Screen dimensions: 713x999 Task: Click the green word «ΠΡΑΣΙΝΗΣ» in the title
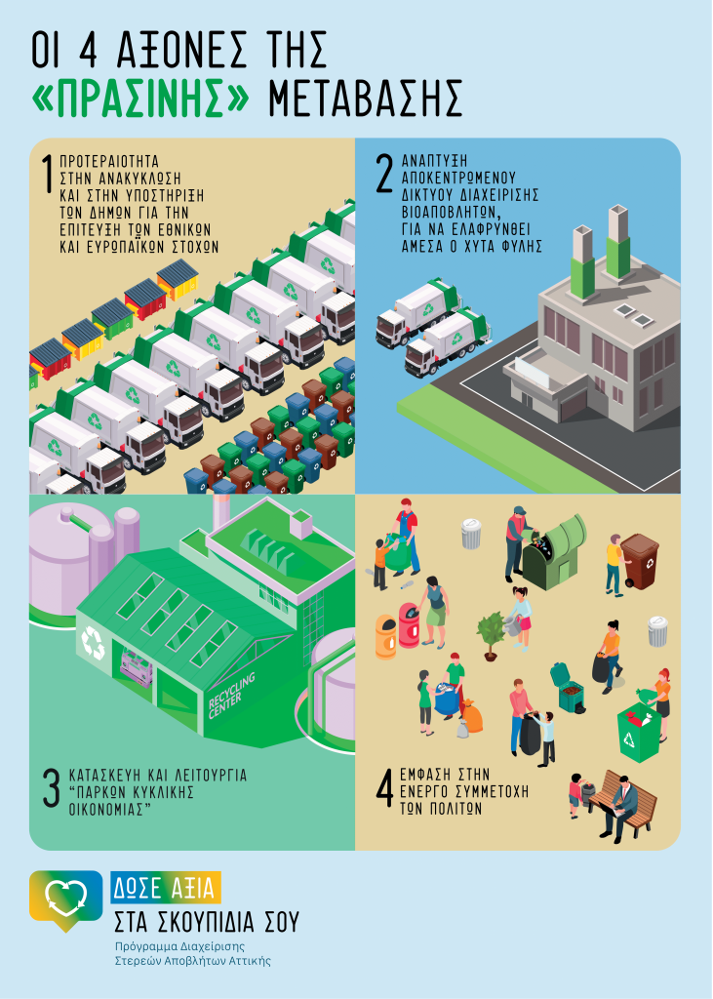click(x=139, y=99)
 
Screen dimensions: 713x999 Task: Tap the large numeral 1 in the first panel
click(x=47, y=174)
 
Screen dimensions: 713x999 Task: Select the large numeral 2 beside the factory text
click(x=384, y=174)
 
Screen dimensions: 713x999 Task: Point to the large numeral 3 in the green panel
click(x=51, y=790)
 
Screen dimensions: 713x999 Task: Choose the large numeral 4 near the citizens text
click(x=384, y=791)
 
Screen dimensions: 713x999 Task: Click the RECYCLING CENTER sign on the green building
click(x=232, y=696)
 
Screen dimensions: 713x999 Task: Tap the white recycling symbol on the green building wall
click(x=93, y=642)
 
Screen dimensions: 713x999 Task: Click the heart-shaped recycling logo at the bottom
click(x=65, y=897)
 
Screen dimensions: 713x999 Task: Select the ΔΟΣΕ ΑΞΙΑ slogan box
click(x=166, y=887)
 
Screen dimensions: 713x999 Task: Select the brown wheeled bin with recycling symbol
click(x=640, y=560)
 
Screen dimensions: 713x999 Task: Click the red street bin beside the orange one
click(x=409, y=625)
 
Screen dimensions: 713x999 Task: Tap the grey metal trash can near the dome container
click(x=471, y=534)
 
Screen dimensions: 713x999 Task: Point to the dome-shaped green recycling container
click(x=552, y=551)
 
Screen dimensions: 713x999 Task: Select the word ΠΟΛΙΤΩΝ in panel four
click(x=441, y=809)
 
